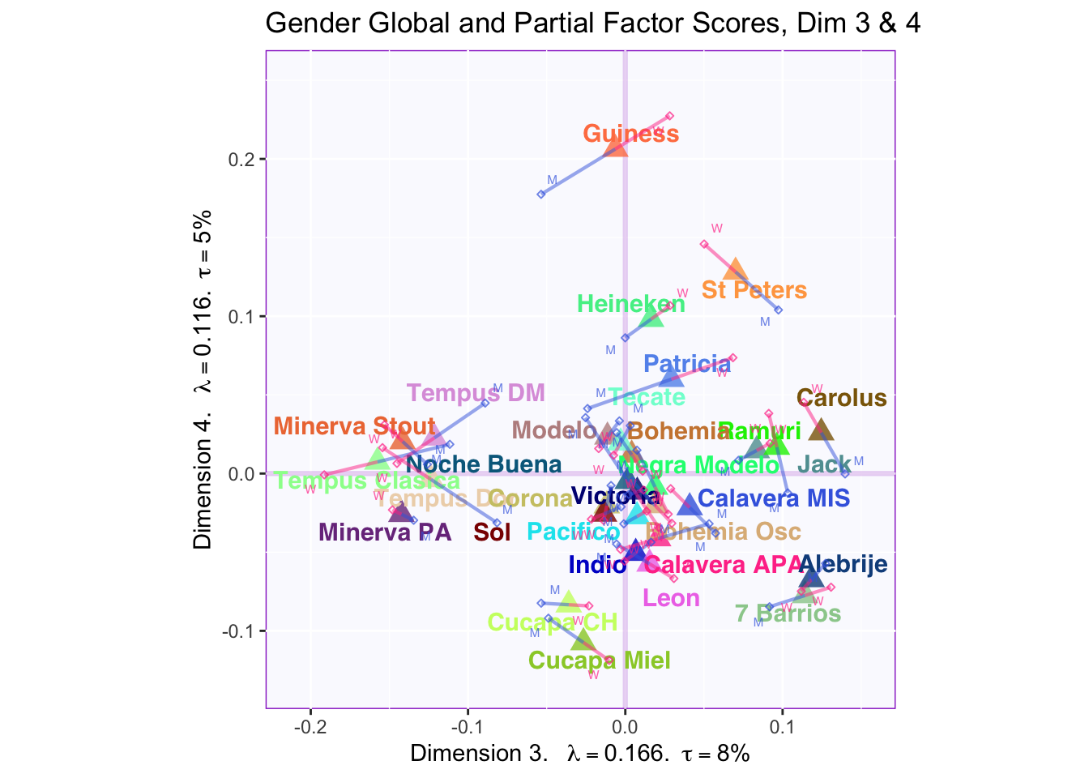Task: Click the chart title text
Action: click(592, 24)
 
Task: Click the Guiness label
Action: click(631, 134)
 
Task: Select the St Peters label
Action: click(754, 290)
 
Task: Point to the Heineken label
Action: click(630, 305)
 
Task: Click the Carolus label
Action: click(841, 399)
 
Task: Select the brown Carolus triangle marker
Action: click(821, 430)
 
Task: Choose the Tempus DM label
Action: click(475, 394)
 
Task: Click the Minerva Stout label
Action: click(354, 426)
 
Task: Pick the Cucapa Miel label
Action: click(599, 660)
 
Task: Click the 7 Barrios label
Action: click(788, 613)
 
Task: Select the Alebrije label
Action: click(843, 565)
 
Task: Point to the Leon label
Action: click(671, 598)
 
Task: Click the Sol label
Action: click(492, 532)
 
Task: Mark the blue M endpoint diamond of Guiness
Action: click(541, 194)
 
